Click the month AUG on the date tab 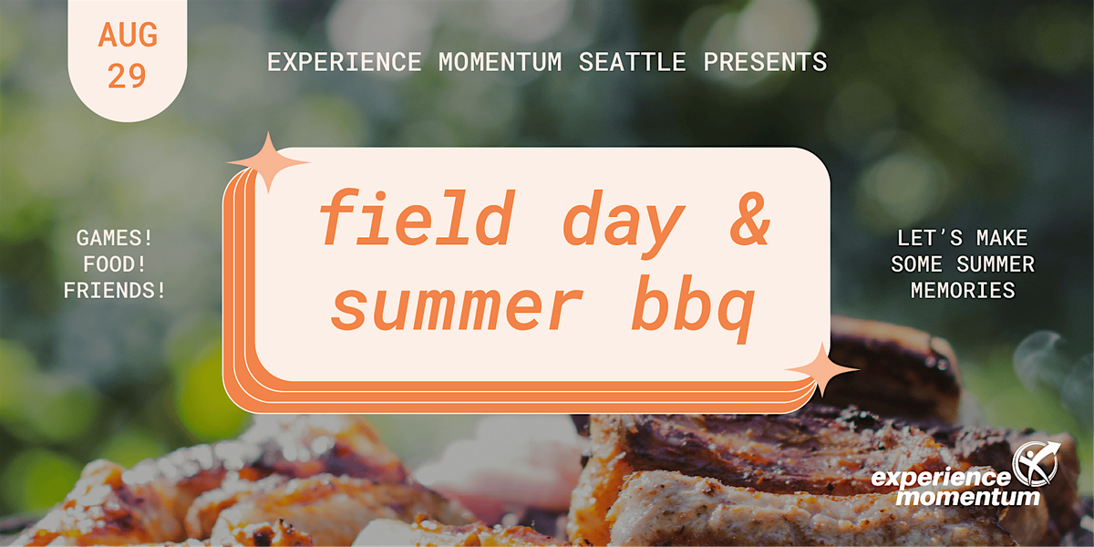[128, 36]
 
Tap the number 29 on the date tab [127, 76]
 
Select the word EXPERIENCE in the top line [345, 62]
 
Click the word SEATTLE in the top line [633, 62]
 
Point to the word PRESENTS [765, 62]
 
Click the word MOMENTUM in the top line [501, 62]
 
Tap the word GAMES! [115, 238]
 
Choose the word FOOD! [115, 264]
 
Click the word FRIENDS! [115, 291]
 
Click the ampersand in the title [750, 218]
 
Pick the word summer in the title [457, 306]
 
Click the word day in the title [624, 224]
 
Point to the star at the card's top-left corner [268, 162]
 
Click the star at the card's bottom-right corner [822, 370]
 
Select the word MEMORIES [963, 291]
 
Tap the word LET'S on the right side [930, 238]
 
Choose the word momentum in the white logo [968, 497]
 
